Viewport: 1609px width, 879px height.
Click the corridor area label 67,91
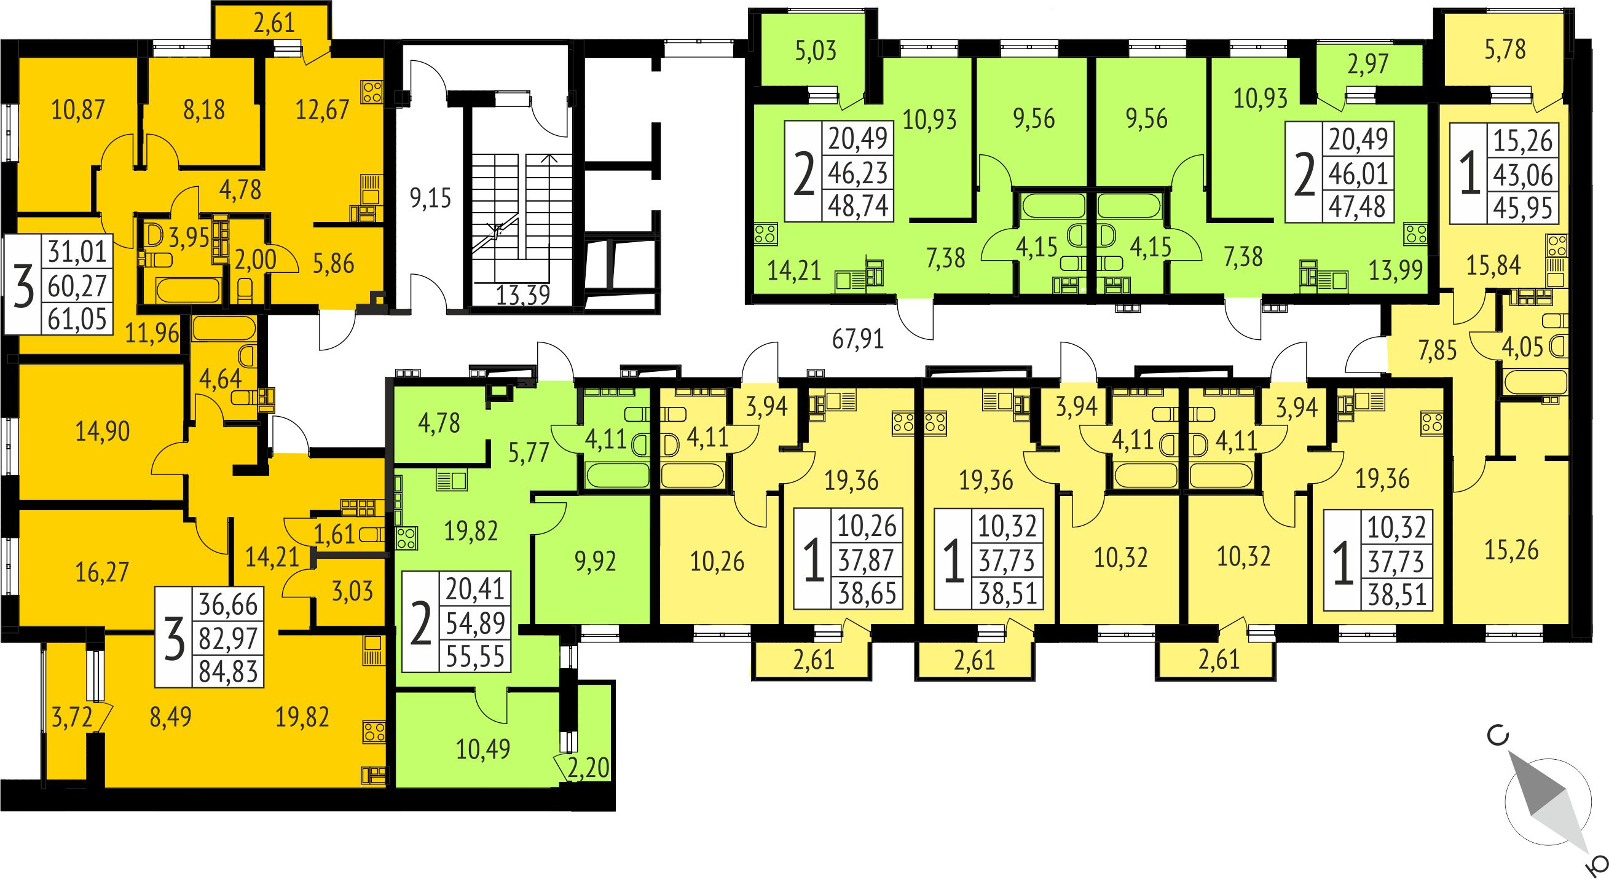pyautogui.click(x=858, y=339)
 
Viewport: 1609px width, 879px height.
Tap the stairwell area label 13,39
pyautogui.click(x=523, y=294)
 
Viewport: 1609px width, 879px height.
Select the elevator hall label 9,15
pyautogui.click(x=430, y=199)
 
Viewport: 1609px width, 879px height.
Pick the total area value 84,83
pyautogui.click(x=228, y=672)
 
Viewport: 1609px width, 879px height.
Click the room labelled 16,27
pyautogui.click(x=102, y=572)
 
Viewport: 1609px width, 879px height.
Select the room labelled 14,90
pyautogui.click(x=103, y=431)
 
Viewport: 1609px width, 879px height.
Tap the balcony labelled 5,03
pyautogui.click(x=816, y=50)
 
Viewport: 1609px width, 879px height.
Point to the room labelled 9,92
pyautogui.click(x=595, y=561)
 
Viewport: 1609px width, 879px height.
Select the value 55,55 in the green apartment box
pyautogui.click(x=475, y=656)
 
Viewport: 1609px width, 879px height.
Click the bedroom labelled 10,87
pyautogui.click(x=78, y=110)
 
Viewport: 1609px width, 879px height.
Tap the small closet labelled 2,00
pyautogui.click(x=255, y=259)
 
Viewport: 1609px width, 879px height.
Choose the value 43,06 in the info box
pyautogui.click(x=1523, y=175)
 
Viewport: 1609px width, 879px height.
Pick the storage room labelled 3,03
pyautogui.click(x=352, y=590)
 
